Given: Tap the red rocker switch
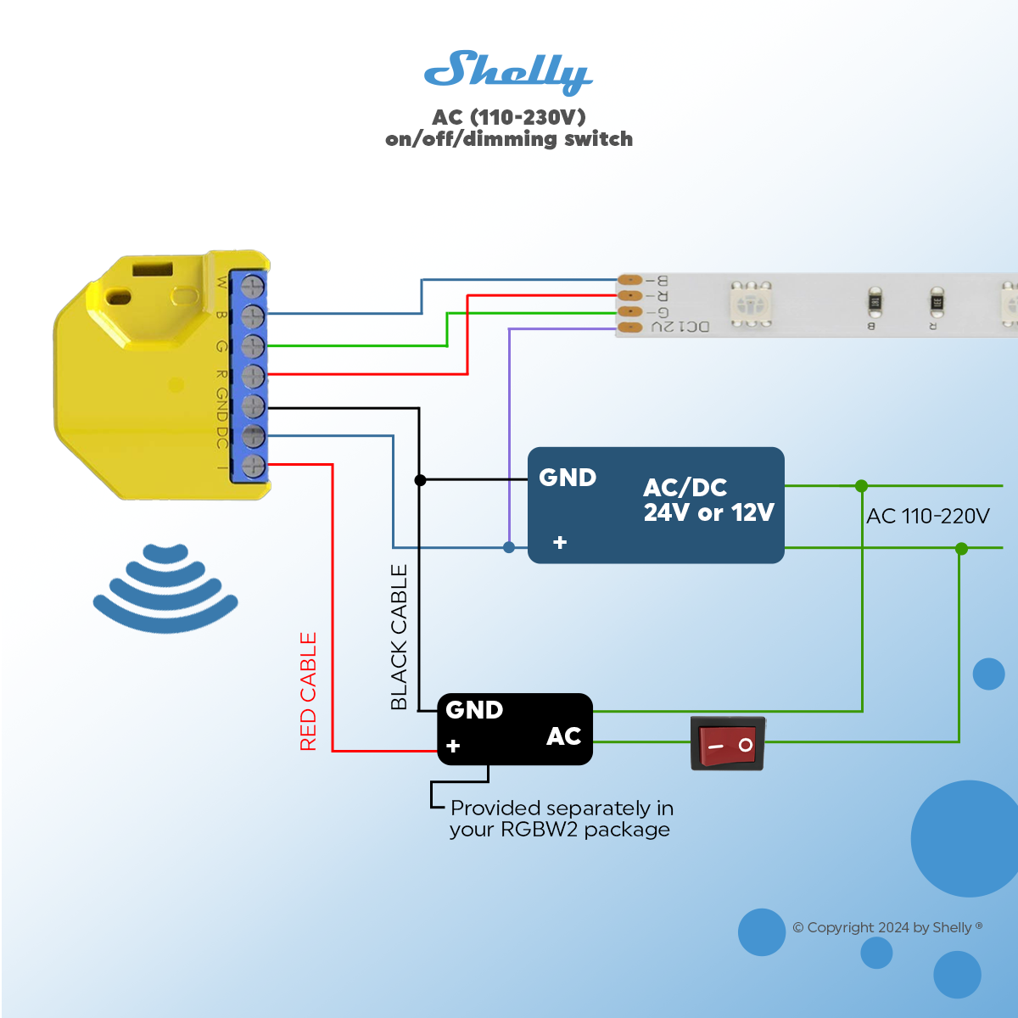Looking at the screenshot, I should point(728,744).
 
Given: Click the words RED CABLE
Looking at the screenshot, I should point(308,691).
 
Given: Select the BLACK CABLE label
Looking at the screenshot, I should point(399,637).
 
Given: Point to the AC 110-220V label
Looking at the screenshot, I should point(927,516).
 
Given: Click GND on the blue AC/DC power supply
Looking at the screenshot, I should point(568,478).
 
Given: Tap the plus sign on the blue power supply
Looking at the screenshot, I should point(560,542).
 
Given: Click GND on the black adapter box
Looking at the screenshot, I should point(474,709).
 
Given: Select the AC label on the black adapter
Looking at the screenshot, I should point(563,736).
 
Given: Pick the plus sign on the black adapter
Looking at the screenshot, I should point(453,746).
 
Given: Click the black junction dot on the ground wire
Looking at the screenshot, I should point(420,480).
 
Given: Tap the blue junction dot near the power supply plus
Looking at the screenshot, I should point(509,547).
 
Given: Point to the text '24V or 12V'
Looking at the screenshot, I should point(708,512).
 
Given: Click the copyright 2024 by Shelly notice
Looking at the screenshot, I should point(887,927).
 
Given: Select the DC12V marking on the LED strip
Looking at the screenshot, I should point(680,327).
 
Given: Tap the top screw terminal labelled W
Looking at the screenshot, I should point(253,286).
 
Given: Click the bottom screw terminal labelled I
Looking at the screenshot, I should point(253,466).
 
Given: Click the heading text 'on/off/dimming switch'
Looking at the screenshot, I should point(509,139).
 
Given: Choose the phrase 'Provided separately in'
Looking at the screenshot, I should point(562,808).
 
